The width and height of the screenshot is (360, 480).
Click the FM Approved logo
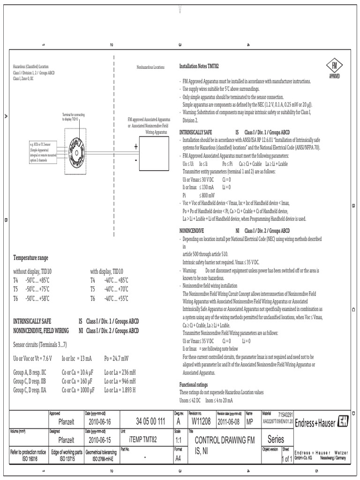pos(332,69)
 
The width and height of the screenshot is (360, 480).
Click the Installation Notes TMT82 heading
pos(199,67)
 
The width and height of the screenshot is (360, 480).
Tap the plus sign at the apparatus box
pos(136,147)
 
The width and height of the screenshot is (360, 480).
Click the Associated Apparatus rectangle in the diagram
pos(157,154)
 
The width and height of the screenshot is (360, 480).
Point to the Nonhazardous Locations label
pos(150,67)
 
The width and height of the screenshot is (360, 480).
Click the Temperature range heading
pos(30,258)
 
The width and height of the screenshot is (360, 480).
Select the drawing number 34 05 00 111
pos(150,421)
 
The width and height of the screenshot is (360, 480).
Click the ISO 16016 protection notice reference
pos(28,457)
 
